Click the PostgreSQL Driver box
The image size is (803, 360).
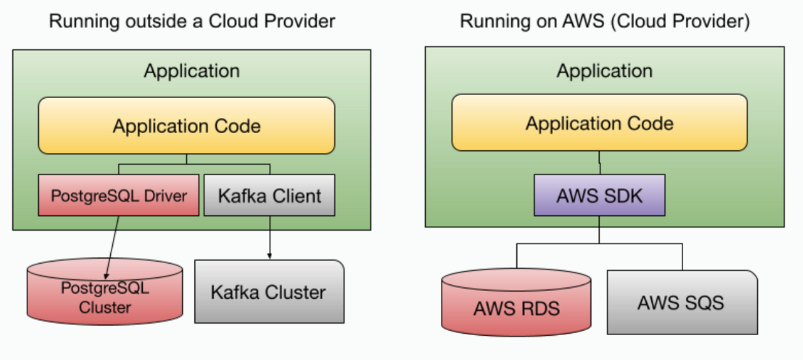tap(119, 195)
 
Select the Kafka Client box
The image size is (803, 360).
tap(269, 195)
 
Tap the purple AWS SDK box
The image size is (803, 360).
tap(599, 195)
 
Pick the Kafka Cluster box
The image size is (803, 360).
tap(268, 292)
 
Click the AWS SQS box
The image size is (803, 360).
tap(681, 302)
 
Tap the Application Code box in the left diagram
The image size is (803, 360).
tap(186, 126)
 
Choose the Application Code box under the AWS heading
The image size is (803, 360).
tap(599, 123)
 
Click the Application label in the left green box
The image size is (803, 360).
tap(191, 70)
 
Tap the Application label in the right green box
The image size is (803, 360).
tap(604, 70)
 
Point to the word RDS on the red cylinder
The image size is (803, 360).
tap(539, 309)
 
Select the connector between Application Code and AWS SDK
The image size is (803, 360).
tap(599, 162)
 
